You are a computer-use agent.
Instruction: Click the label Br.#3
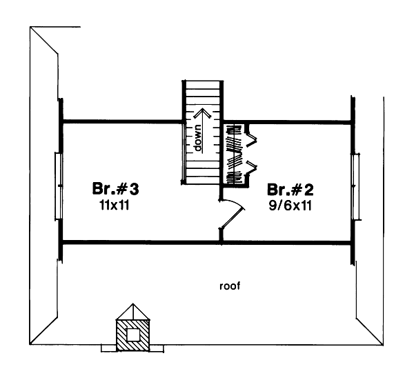(117, 188)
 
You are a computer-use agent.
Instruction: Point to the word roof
(230, 285)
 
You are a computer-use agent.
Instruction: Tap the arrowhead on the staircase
(200, 112)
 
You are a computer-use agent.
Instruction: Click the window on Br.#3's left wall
(59, 186)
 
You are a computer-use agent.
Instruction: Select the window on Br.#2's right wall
(355, 187)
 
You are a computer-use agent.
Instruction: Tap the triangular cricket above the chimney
(132, 312)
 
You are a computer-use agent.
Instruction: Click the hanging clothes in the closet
(235, 154)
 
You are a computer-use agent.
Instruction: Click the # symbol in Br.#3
(126, 188)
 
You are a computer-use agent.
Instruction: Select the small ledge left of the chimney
(108, 348)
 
